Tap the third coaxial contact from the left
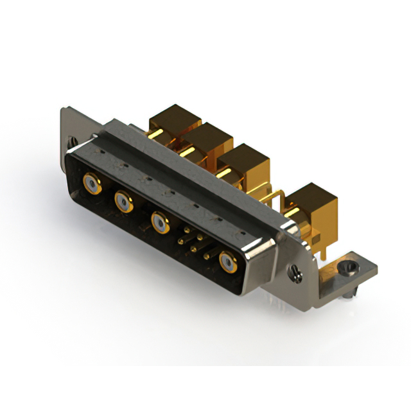point(160,223)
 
